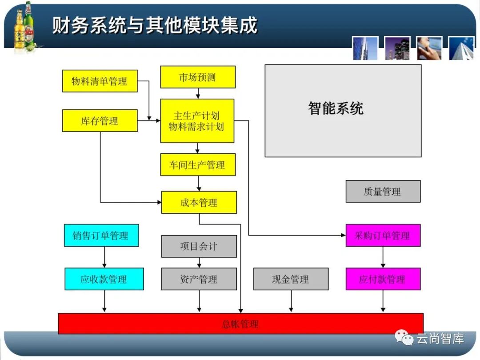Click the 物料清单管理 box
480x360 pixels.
100,81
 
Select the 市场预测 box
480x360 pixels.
197,77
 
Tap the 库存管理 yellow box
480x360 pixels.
100,121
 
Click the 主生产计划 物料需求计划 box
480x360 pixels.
197,121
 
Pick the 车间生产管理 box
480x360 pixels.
197,165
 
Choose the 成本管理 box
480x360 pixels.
199,203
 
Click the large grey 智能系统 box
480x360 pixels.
343,111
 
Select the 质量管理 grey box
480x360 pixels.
383,192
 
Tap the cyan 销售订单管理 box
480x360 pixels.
101,235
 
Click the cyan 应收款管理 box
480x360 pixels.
104,279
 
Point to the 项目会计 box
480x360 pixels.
199,246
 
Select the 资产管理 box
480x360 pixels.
199,279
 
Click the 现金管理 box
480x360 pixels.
291,279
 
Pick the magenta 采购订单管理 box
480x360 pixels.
383,236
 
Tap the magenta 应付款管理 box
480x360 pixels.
383,279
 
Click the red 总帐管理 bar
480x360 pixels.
240,324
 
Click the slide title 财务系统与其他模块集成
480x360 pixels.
155,25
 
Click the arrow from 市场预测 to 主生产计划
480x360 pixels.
198,93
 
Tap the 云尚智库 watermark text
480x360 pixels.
440,339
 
